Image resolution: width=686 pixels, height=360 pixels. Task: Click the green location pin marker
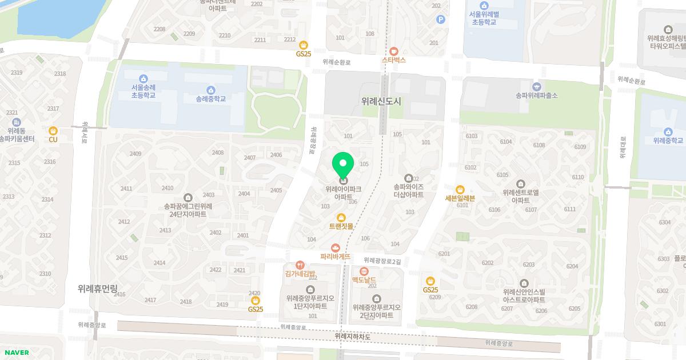(343, 166)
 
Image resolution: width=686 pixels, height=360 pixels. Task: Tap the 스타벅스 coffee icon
(393, 50)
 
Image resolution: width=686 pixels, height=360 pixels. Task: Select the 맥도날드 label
(364, 279)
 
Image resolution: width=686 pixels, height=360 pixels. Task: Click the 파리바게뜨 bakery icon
(336, 247)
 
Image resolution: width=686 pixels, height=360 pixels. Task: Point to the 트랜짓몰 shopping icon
(341, 217)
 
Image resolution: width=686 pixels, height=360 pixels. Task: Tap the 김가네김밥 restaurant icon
(300, 265)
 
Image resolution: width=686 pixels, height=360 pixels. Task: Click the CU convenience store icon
(53, 131)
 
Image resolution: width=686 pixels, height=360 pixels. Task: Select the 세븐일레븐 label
(460, 198)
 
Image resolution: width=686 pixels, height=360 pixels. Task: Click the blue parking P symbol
(440, 19)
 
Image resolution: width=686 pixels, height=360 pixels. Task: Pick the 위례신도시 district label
(381, 101)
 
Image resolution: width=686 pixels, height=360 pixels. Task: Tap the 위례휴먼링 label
(101, 289)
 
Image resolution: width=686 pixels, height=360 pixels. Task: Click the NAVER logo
(16, 353)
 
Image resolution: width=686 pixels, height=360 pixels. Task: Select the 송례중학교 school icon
(211, 90)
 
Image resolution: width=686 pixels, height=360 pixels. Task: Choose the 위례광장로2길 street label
(382, 260)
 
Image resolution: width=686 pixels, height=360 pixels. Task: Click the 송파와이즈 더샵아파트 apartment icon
(408, 178)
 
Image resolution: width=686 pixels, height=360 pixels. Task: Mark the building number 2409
(135, 154)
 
